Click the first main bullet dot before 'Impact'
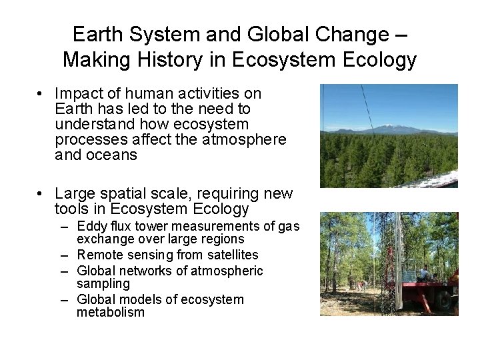(x=41, y=94)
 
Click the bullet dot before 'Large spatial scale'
(x=41, y=194)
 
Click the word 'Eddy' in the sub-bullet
(x=92, y=227)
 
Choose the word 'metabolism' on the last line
(x=111, y=312)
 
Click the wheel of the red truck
(x=444, y=300)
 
